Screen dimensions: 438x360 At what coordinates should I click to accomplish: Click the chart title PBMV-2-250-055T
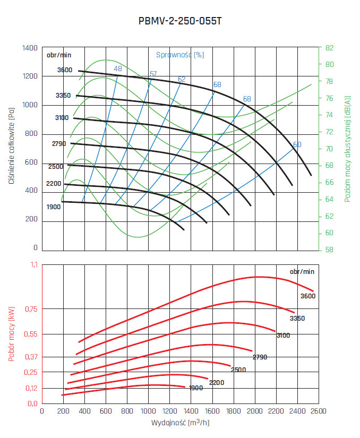coord(179,22)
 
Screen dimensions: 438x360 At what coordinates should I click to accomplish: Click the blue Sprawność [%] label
coord(180,54)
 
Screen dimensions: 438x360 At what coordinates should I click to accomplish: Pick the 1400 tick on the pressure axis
coord(30,48)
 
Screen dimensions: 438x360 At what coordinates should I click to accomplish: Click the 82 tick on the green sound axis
coord(329,48)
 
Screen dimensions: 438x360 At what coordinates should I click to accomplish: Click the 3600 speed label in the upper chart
coord(64,70)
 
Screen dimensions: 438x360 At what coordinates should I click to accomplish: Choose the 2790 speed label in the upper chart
coord(59,144)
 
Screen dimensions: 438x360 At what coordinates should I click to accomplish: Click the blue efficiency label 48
coord(118,68)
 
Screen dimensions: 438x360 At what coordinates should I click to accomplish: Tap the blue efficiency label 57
coord(153,74)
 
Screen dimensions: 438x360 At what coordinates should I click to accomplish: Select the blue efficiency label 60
coord(297,144)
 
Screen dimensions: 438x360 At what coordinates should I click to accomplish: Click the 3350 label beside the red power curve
coord(297,318)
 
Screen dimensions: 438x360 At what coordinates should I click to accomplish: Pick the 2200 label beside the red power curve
coord(216,382)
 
